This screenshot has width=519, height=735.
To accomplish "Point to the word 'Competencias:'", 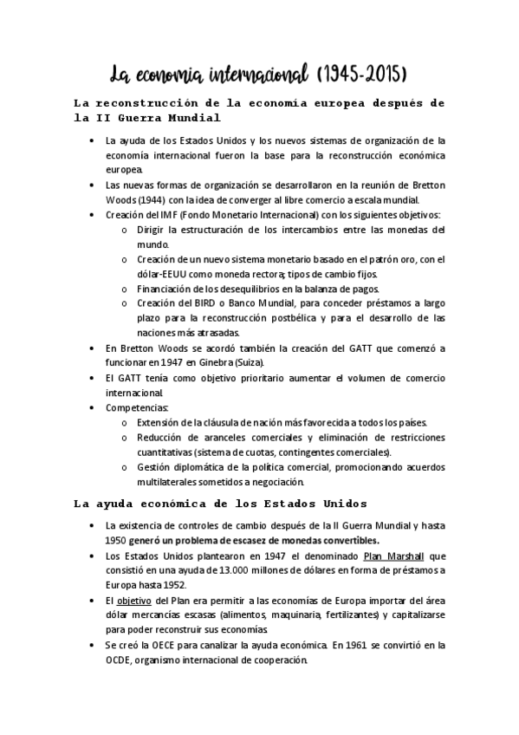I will pos(137,407).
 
